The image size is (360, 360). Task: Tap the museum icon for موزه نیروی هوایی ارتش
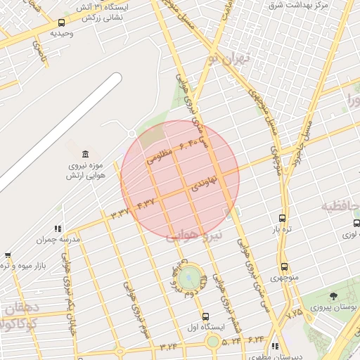click(x=86, y=155)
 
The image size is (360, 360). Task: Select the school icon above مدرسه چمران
click(x=58, y=229)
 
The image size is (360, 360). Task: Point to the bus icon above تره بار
click(x=283, y=219)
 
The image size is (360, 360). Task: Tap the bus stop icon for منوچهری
click(x=284, y=267)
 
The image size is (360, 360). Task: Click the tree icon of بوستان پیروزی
click(x=333, y=296)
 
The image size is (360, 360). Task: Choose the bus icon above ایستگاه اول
click(x=205, y=316)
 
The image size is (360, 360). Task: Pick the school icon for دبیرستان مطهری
click(x=275, y=346)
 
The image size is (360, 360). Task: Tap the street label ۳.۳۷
click(x=122, y=210)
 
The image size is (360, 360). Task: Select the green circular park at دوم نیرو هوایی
click(x=188, y=278)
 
